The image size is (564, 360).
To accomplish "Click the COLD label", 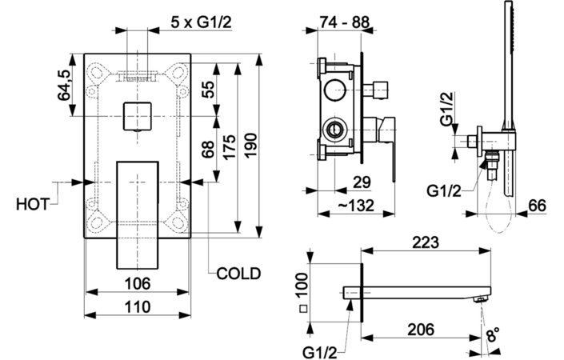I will [x=238, y=274].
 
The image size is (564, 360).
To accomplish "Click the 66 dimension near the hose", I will [x=537, y=206].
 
